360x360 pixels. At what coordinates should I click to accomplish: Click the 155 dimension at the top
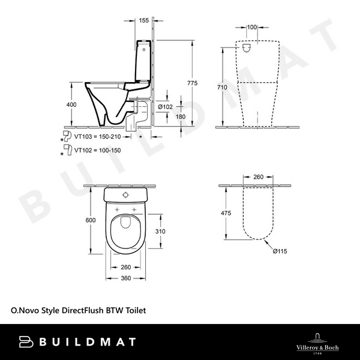143,20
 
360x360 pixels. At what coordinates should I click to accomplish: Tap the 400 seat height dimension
71,104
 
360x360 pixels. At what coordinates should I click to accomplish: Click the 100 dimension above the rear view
251,28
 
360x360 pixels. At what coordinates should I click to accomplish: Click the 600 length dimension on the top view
90,220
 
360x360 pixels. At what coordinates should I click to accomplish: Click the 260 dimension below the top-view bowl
126,268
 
